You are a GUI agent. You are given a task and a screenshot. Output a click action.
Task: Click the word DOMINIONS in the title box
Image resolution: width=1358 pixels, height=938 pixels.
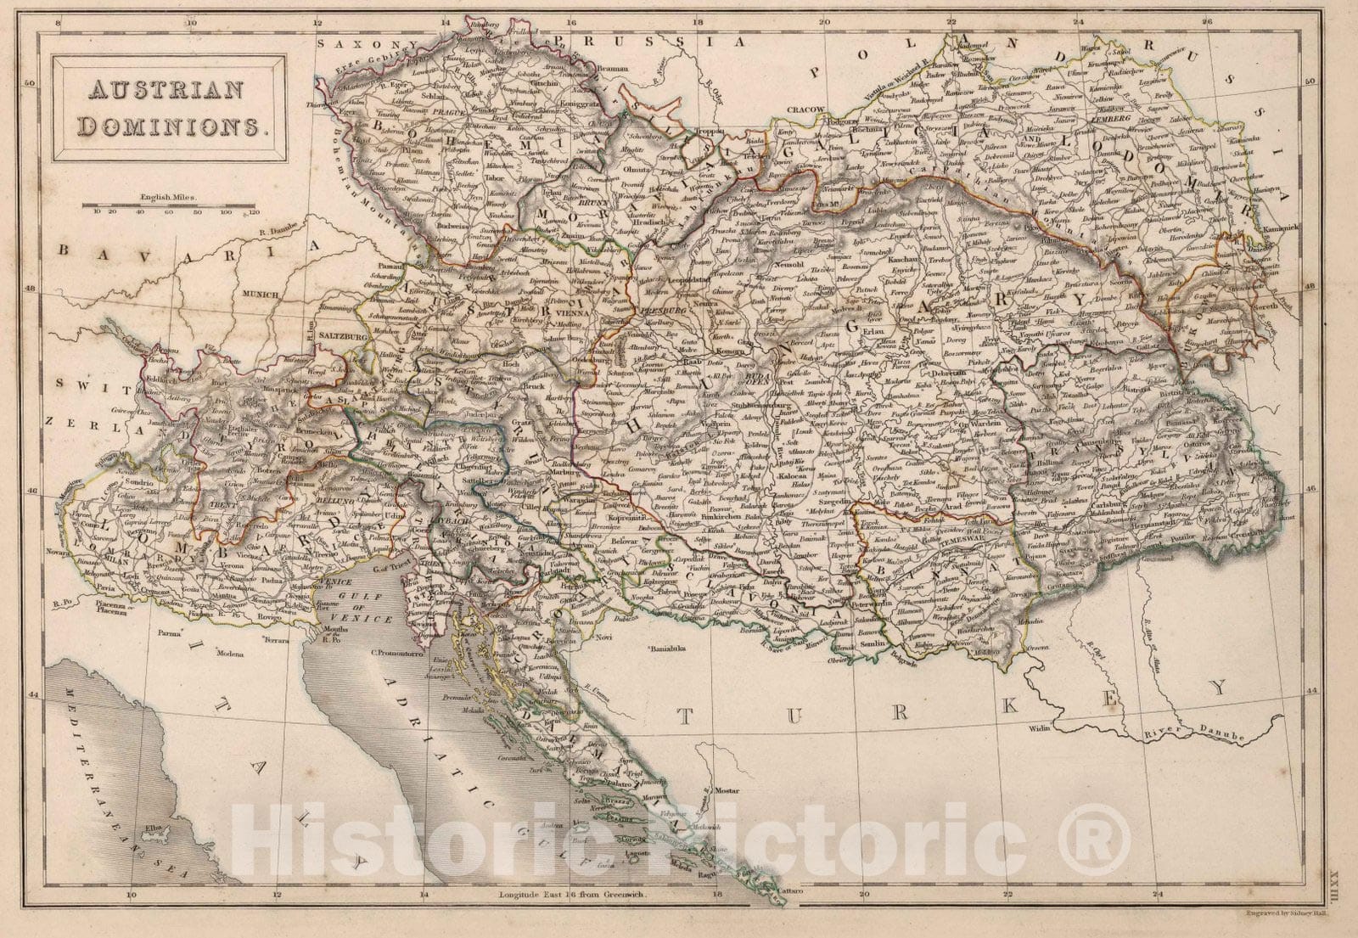(x=169, y=126)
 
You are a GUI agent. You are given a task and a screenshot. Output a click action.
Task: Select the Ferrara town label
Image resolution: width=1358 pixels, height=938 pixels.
(x=281, y=636)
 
